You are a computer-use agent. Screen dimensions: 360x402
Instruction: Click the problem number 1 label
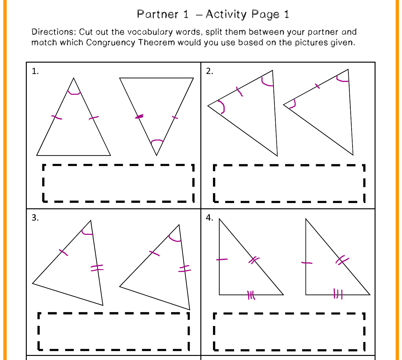[35, 71]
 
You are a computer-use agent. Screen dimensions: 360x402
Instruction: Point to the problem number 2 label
[210, 71]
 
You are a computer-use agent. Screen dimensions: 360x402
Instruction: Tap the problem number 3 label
[35, 218]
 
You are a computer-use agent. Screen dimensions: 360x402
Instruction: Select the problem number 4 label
[210, 218]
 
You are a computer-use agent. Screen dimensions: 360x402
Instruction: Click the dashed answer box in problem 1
[118, 183]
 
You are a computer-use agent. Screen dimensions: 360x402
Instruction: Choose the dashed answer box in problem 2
[289, 183]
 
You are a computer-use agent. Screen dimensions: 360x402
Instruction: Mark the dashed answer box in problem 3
[113, 331]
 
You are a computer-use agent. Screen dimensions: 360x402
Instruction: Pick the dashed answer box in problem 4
[289, 331]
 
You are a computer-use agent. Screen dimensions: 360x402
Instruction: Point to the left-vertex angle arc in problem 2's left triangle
[222, 107]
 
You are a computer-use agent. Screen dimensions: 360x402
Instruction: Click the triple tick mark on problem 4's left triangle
[251, 295]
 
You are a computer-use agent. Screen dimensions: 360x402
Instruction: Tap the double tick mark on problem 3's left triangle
[97, 268]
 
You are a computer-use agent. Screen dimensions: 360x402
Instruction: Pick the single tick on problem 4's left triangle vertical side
[222, 260]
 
